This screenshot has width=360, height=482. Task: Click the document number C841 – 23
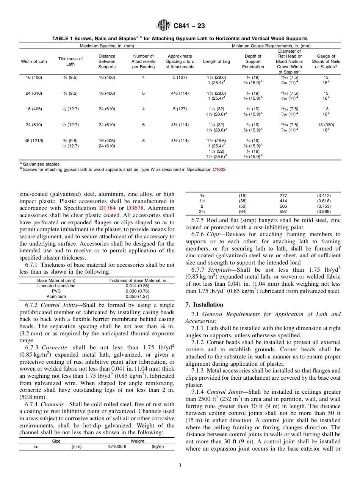[x=189, y=26]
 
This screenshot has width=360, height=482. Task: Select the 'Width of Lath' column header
[x=34, y=61]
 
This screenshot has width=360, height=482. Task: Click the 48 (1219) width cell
[x=34, y=141]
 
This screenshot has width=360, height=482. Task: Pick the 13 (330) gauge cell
[x=326, y=125]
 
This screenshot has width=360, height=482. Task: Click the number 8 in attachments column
[x=143, y=141]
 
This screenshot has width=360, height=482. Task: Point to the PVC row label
[x=56, y=291]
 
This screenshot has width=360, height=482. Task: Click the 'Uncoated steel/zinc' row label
[x=56, y=286]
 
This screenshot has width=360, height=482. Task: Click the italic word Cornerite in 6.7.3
[x=55, y=347]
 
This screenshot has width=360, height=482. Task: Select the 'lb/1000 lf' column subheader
[x=117, y=446]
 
